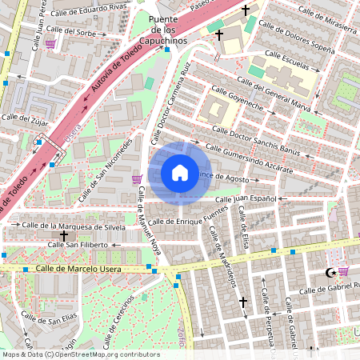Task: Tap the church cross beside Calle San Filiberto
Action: (x=63, y=237)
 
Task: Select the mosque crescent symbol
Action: (x=329, y=272)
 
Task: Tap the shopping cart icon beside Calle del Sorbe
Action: (x=50, y=45)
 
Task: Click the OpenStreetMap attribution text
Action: (x=81, y=354)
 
